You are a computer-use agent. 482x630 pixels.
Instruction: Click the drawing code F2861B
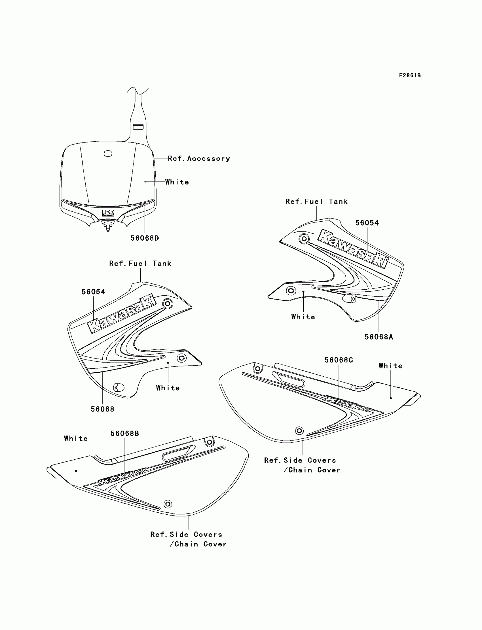tap(410, 75)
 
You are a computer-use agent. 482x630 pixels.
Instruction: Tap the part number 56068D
tap(145, 238)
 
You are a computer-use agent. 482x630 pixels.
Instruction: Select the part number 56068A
tap(379, 337)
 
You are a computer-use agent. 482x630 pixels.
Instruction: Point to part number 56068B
tap(124, 434)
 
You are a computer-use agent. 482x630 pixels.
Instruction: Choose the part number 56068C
tap(339, 360)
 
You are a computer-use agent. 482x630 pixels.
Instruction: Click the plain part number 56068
tap(102, 409)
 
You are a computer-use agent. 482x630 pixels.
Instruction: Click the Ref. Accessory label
tap(199, 159)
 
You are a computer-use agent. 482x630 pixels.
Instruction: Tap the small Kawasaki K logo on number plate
tap(108, 213)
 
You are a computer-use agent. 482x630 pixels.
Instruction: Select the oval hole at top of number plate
tap(108, 154)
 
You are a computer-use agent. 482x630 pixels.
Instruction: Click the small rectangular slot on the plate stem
tap(138, 126)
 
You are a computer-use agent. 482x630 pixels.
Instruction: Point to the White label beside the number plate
tap(177, 182)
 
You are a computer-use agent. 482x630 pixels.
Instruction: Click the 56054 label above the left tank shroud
tap(93, 292)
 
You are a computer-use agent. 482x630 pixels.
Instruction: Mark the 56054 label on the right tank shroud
tap(367, 223)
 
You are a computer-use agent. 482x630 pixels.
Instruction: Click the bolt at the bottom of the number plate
tap(108, 226)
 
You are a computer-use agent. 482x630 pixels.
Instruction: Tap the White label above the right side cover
tap(390, 366)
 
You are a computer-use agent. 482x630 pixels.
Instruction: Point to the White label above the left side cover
tap(76, 438)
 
